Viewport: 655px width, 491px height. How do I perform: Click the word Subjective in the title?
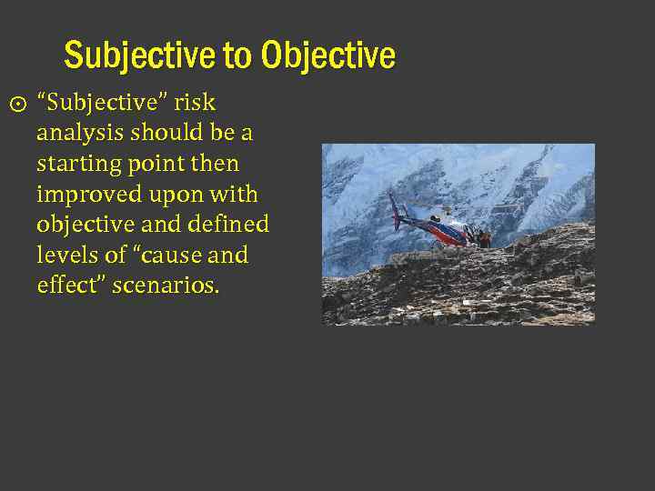tap(140, 56)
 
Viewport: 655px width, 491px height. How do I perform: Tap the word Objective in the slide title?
tap(327, 56)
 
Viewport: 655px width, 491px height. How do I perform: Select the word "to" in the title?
tap(237, 56)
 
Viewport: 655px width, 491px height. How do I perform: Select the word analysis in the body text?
tap(80, 133)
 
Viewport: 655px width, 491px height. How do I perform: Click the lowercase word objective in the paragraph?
tap(84, 225)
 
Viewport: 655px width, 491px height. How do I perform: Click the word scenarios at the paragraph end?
tap(168, 286)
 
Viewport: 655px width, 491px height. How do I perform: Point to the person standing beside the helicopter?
tap(484, 238)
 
